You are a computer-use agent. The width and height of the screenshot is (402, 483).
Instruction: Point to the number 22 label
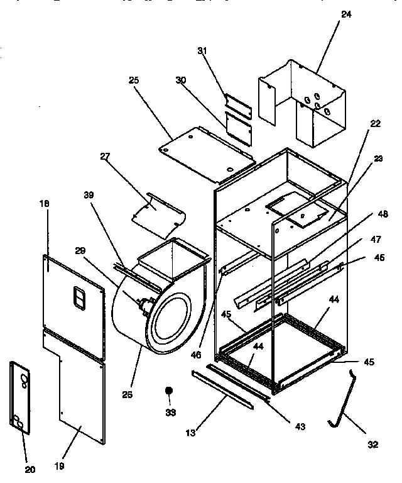click(x=375, y=124)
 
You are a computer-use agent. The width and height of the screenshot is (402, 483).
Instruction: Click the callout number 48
click(x=383, y=214)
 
